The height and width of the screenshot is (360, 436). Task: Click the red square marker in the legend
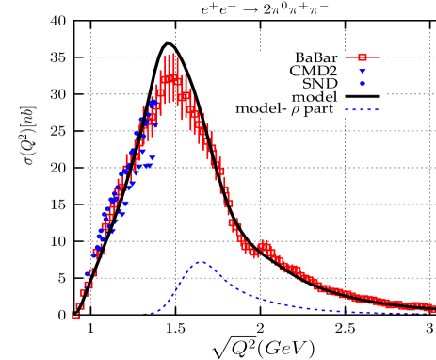click(x=362, y=57)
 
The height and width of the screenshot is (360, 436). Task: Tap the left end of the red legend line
click(x=346, y=57)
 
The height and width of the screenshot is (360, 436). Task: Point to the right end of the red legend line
click(x=379, y=57)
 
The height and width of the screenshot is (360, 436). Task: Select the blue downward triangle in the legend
click(x=362, y=72)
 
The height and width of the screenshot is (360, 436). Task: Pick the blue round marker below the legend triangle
click(x=362, y=84)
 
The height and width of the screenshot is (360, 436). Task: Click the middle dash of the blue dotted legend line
click(x=362, y=110)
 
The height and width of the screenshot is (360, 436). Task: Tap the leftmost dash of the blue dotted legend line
click(x=347, y=110)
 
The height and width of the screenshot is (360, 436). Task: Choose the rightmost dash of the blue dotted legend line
click(x=376, y=110)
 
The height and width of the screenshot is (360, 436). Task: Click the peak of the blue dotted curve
click(x=201, y=262)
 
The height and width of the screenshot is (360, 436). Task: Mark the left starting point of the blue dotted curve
click(x=144, y=314)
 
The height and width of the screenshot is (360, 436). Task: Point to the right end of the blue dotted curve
click(x=433, y=312)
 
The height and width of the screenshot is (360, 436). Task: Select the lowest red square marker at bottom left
click(x=75, y=316)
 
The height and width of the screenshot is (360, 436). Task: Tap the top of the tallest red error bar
click(x=173, y=53)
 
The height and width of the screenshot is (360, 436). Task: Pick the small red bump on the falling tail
click(x=265, y=246)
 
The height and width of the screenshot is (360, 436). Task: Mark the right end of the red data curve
click(x=434, y=306)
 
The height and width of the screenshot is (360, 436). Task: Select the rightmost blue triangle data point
click(x=152, y=159)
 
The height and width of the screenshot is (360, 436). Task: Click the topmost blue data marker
click(x=153, y=102)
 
